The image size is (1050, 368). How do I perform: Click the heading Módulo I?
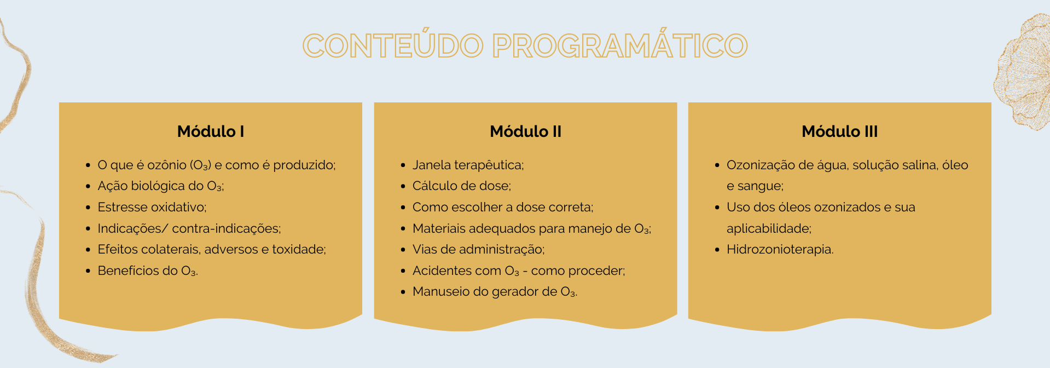tap(211, 131)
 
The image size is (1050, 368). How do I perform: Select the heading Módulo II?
tap(526, 131)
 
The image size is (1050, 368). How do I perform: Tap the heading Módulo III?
tap(840, 131)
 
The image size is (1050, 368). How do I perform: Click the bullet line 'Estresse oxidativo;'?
tap(152, 207)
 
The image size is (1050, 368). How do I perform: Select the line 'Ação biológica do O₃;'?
tap(161, 186)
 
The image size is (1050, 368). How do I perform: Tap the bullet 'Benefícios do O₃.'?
tap(148, 271)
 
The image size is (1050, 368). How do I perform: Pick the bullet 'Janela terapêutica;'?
tap(468, 165)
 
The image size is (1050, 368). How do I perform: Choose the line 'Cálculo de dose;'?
tap(462, 186)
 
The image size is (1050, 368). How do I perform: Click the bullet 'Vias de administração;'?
tap(479, 250)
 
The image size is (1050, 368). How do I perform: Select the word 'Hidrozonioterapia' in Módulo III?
tap(779, 249)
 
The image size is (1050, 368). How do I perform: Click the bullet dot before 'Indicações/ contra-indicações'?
tap(88, 228)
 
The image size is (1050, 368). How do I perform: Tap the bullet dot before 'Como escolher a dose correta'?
tap(403, 208)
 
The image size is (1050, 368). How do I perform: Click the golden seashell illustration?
tap(1022, 71)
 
